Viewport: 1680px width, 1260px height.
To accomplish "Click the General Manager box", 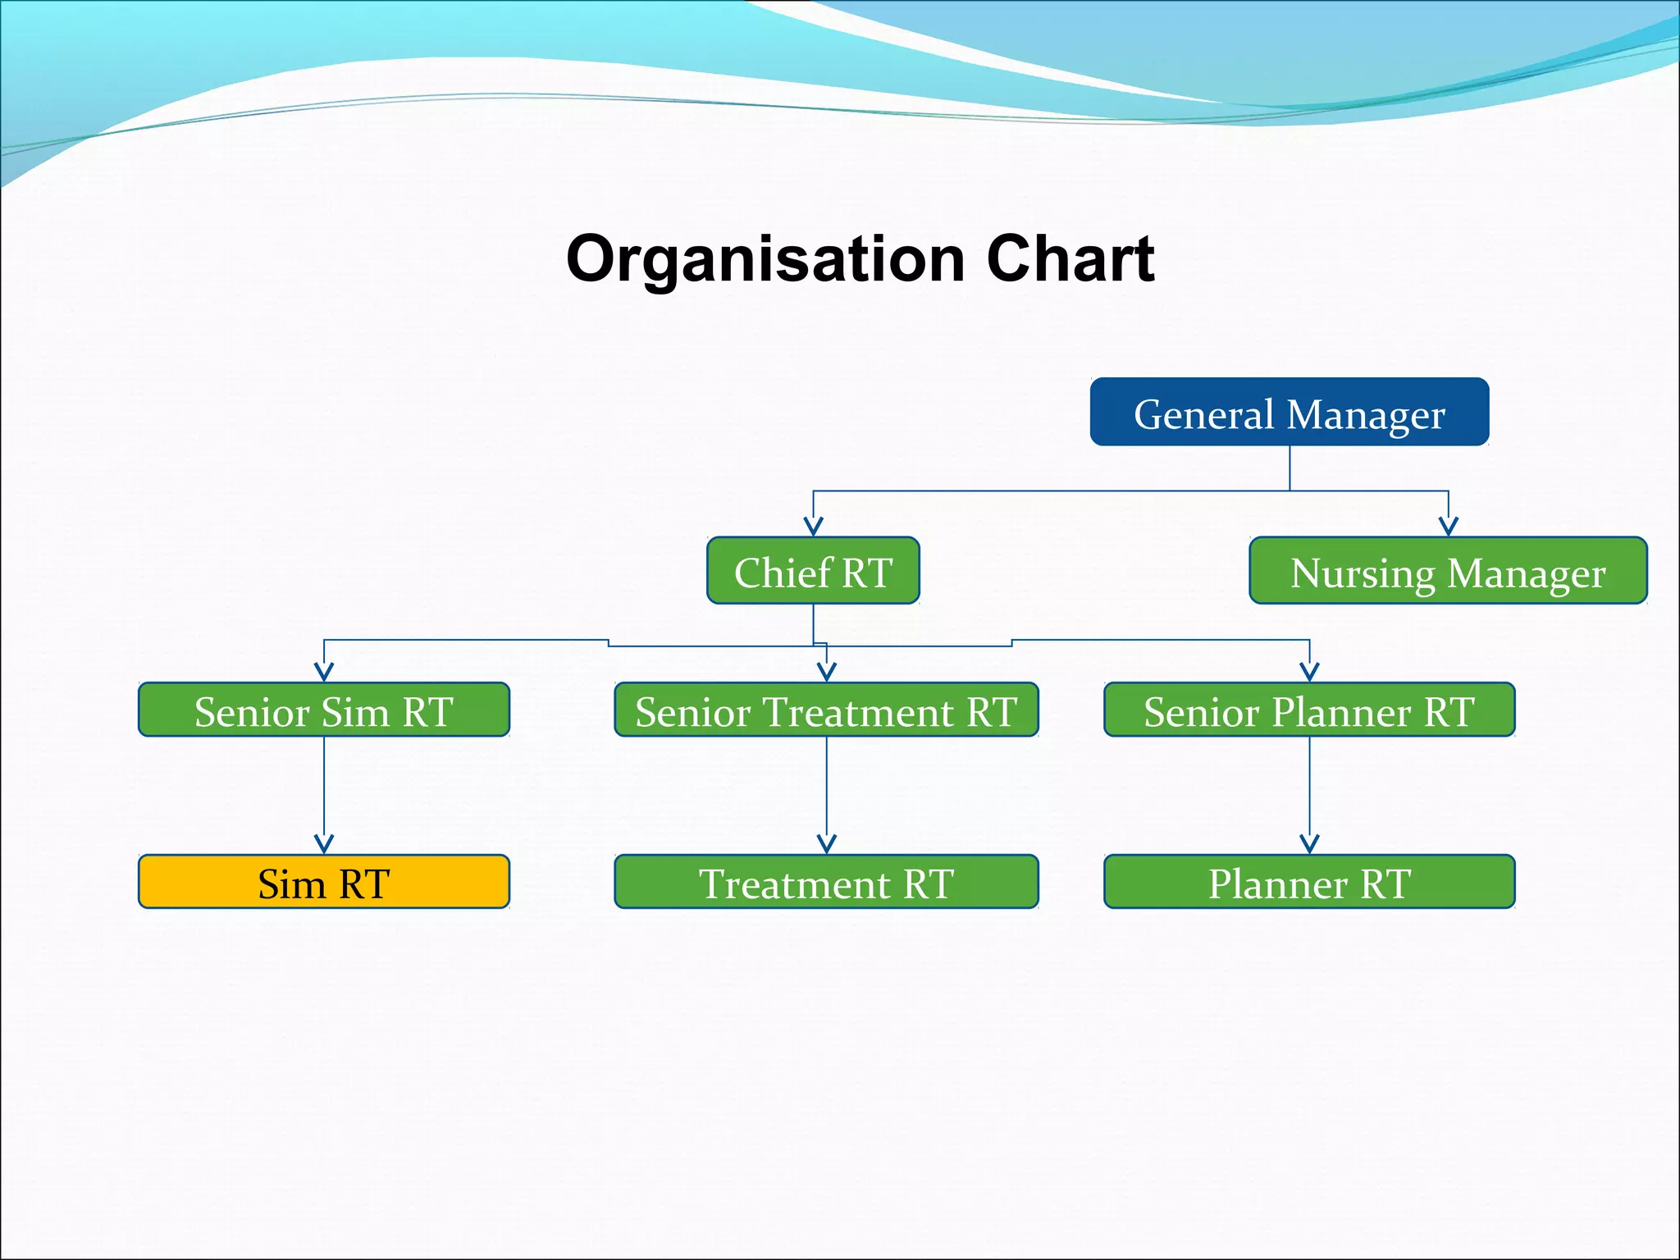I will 1289,412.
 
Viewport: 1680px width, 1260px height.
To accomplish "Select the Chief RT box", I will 813,571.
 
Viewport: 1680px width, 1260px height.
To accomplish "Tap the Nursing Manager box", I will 1448,571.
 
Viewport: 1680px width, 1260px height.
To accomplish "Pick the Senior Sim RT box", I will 324,710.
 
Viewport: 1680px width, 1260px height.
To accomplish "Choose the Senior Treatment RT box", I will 826,710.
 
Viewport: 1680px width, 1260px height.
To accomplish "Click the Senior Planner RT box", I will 1309,710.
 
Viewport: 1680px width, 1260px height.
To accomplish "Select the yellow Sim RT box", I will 324,882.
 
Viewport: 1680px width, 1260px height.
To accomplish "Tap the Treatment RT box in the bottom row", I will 826,882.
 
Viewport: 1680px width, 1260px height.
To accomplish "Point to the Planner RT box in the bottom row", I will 1309,882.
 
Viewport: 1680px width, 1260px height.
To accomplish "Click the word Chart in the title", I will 1071,259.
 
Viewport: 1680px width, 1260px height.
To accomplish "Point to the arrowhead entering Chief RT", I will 813,527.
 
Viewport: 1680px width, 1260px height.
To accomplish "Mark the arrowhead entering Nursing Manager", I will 1448,527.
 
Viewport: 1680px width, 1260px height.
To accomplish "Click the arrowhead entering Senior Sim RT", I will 324,672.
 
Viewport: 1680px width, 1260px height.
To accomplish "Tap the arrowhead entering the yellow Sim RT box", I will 324,844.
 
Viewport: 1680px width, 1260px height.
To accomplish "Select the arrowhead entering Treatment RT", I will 826,844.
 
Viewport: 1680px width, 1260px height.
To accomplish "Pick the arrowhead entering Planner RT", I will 1309,844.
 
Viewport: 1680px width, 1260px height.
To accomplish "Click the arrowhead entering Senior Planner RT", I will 1309,672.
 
